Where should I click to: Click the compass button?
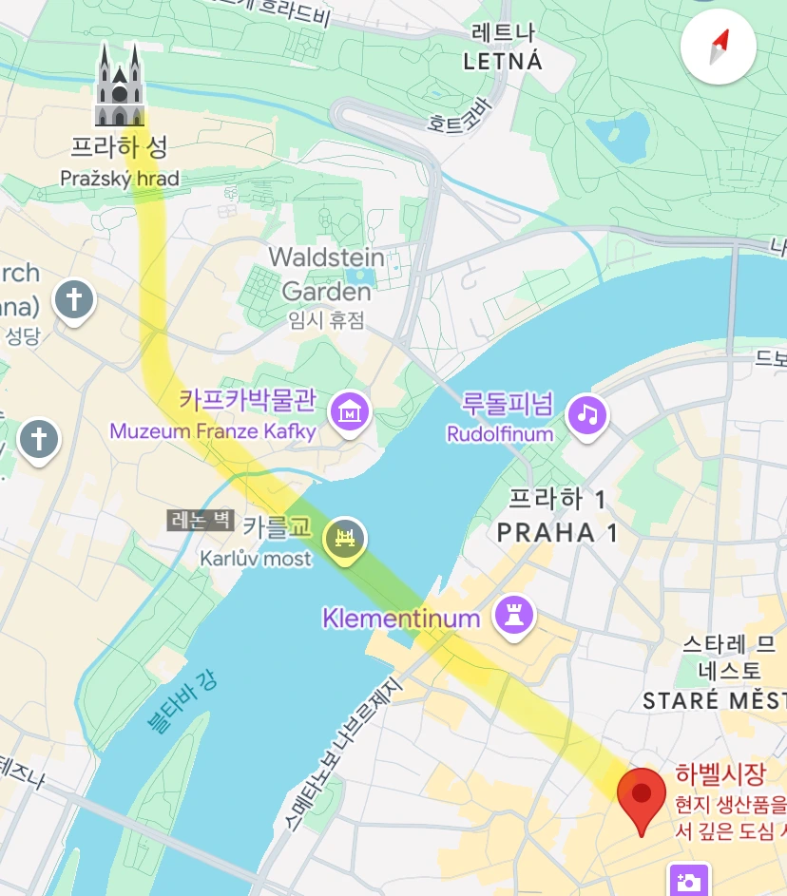click(x=719, y=48)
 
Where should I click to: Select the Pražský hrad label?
click(x=119, y=178)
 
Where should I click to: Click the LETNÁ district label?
click(x=503, y=62)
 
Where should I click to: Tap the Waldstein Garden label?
click(x=326, y=274)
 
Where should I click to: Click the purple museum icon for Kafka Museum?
click(x=350, y=411)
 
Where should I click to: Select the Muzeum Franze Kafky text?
click(x=213, y=431)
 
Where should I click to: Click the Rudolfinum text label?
click(x=500, y=433)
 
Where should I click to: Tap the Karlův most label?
click(x=255, y=559)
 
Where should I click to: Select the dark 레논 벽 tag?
click(x=201, y=520)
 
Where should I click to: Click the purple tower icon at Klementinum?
click(x=515, y=616)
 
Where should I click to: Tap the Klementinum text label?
click(x=401, y=619)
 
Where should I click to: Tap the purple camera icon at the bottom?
click(x=688, y=880)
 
